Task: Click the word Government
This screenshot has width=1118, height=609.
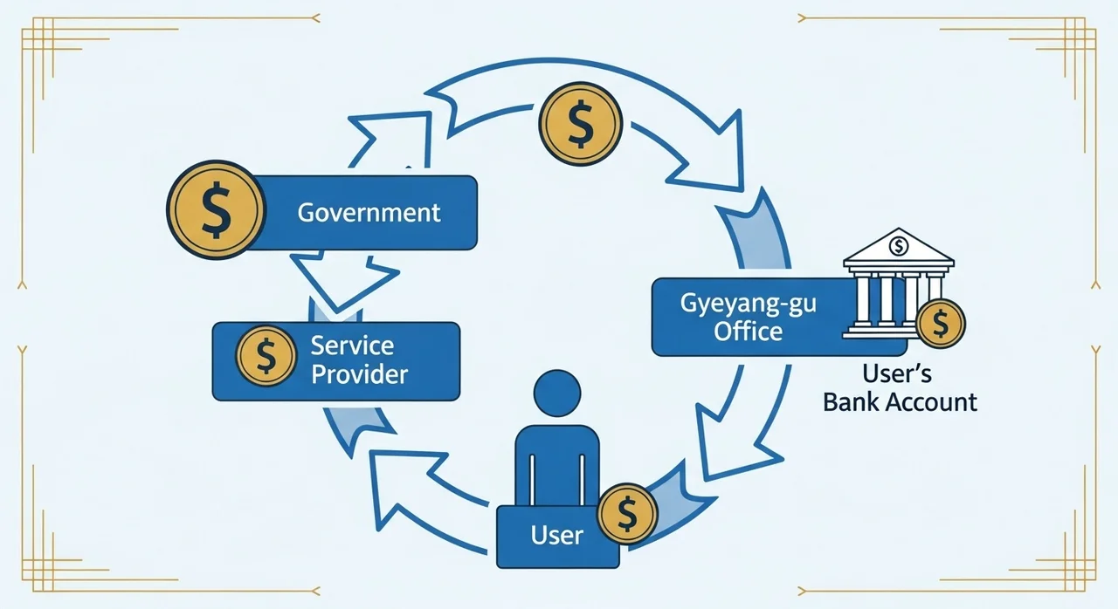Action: pyautogui.click(x=369, y=213)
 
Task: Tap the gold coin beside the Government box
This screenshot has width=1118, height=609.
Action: pyautogui.click(x=216, y=209)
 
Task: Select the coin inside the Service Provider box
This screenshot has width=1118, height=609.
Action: pyautogui.click(x=266, y=356)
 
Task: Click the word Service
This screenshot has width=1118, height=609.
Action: pyautogui.click(x=352, y=346)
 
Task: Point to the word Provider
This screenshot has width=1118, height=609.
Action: pyautogui.click(x=359, y=374)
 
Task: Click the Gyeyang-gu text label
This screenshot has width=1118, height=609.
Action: pyautogui.click(x=749, y=304)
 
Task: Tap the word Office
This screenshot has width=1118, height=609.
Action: pyautogui.click(x=749, y=332)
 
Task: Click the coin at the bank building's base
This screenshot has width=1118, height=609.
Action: pyautogui.click(x=941, y=324)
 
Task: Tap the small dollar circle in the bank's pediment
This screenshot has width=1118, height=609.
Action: pyautogui.click(x=899, y=246)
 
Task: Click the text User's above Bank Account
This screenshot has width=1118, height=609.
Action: pyautogui.click(x=897, y=373)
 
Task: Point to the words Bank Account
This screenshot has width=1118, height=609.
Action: pyautogui.click(x=900, y=402)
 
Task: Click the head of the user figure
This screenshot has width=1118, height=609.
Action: pyautogui.click(x=557, y=393)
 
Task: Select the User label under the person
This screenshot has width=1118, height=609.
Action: pyautogui.click(x=556, y=536)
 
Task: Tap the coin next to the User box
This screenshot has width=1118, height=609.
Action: pyautogui.click(x=627, y=514)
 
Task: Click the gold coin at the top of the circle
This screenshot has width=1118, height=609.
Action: pyautogui.click(x=581, y=124)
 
